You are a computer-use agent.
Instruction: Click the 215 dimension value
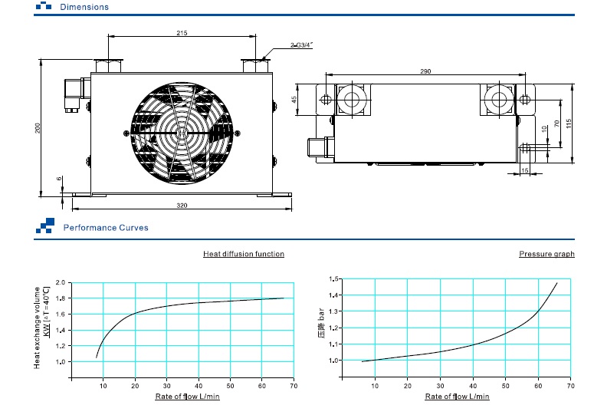182,33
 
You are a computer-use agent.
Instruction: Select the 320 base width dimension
182,206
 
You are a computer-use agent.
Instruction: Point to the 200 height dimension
38,128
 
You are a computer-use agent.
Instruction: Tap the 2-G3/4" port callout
301,45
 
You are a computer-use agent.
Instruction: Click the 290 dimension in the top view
425,71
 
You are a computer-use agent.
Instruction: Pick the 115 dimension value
568,124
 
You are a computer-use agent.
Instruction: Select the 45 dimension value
294,100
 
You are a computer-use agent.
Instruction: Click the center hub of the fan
182,133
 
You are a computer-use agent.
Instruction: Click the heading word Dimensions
84,7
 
